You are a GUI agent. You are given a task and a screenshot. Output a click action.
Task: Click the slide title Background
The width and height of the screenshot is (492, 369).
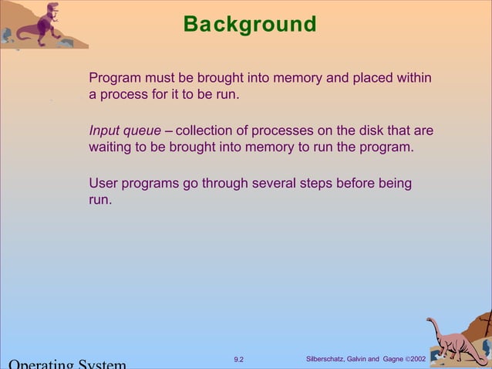tap(249, 25)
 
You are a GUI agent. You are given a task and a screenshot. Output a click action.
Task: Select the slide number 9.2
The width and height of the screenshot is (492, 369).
tap(238, 360)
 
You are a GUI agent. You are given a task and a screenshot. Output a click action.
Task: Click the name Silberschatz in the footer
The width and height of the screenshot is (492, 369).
tap(327, 360)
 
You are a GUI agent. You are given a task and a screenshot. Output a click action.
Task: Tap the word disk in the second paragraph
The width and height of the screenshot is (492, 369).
tap(369, 131)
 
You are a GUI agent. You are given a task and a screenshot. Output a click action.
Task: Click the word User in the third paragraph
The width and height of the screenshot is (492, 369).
tap(103, 184)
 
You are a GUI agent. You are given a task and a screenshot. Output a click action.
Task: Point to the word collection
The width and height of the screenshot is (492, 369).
tap(206, 131)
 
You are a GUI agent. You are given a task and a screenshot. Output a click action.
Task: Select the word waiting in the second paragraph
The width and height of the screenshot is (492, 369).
tap(111, 147)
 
